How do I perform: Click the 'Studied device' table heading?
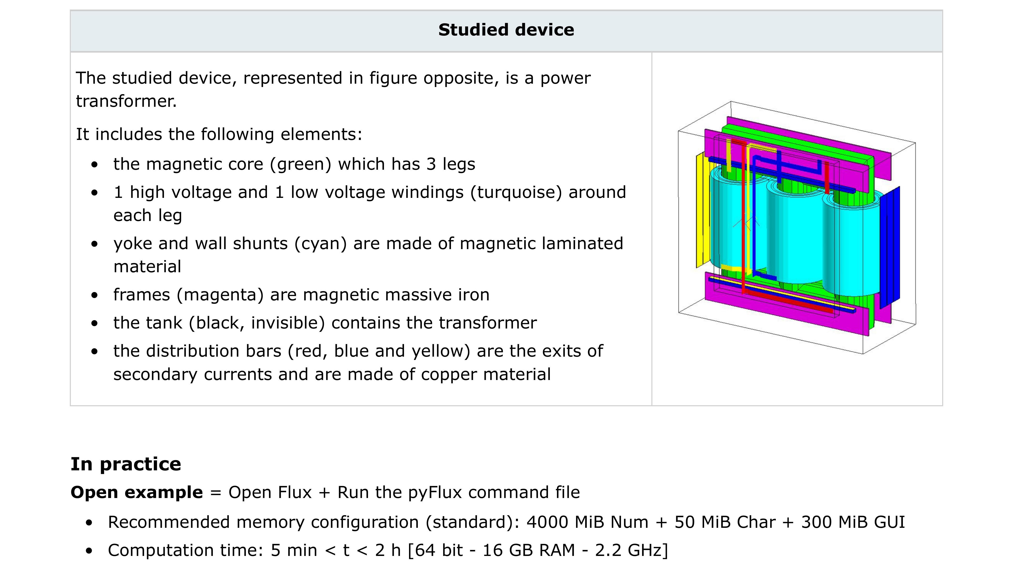[x=506, y=30]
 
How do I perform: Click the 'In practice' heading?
[x=126, y=464]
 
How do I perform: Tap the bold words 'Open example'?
[x=136, y=493]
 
